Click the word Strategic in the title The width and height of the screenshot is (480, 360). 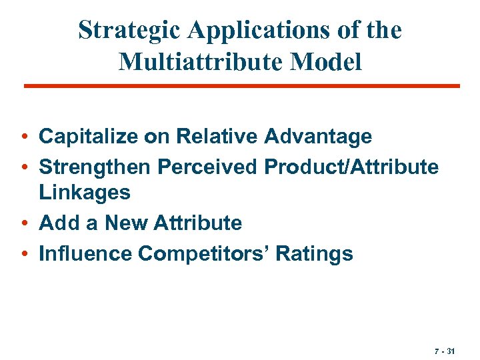tap(131, 30)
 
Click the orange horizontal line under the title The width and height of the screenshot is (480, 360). tap(241, 86)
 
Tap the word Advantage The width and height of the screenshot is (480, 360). tap(318, 137)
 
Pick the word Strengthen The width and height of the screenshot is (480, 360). tap(95, 166)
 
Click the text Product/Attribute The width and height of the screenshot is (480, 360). tap(351, 166)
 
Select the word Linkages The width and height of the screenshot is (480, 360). tap(85, 193)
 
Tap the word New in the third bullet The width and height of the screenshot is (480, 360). tap(121, 223)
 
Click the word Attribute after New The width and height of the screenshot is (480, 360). tap(197, 223)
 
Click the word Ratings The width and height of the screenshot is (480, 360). tap(315, 253)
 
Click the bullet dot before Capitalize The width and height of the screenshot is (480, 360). tap(24, 138)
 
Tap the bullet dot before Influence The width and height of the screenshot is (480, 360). tap(24, 254)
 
